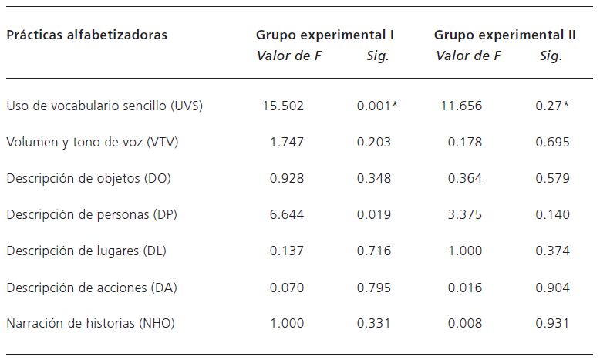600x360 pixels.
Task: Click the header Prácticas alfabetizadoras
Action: point(87,35)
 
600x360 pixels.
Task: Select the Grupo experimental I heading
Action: point(325,35)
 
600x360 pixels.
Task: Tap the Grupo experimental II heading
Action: point(505,35)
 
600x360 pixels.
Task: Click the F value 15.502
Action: point(283,106)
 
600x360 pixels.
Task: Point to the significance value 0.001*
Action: point(377,106)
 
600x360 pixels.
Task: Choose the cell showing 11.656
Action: point(461,106)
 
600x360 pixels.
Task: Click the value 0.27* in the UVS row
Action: point(552,106)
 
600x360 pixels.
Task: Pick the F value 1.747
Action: point(287,142)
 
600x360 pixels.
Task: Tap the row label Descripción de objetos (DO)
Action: point(89,178)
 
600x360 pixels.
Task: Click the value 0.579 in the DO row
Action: point(553,178)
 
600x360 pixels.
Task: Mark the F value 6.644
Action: point(287,215)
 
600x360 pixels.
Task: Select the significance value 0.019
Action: point(374,215)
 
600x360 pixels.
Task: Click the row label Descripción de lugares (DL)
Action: point(86,251)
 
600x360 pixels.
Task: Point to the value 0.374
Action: point(553,251)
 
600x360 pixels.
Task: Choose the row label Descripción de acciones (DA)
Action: point(92,288)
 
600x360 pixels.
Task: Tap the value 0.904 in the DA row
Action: point(553,288)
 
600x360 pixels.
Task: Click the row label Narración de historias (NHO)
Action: point(91,324)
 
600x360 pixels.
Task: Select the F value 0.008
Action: point(465,324)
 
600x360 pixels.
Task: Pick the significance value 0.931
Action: point(553,324)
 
